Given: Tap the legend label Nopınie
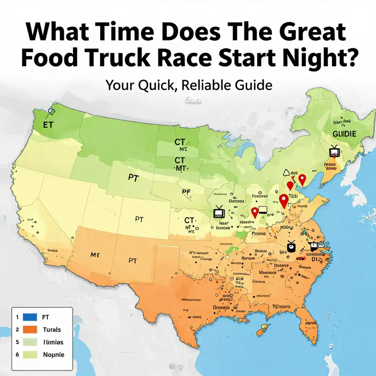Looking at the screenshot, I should [53, 354].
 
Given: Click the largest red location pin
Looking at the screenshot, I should [284, 201].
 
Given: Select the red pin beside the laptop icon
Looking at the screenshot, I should [255, 212].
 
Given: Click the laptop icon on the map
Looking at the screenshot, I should [261, 211].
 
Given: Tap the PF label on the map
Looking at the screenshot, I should [187, 192].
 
